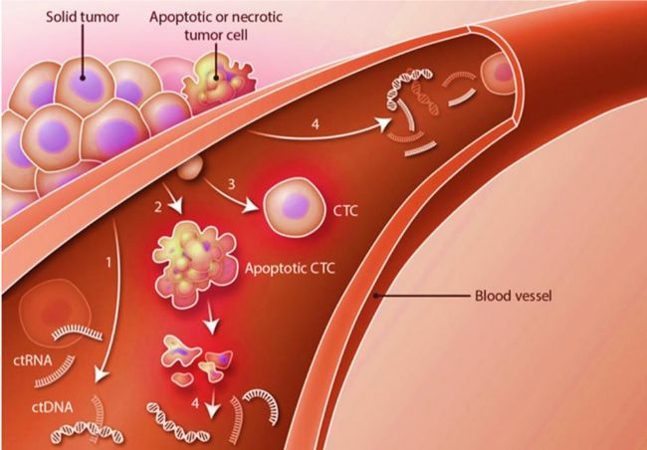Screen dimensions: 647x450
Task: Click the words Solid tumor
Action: [82, 17]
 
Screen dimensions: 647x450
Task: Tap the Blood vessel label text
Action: [513, 296]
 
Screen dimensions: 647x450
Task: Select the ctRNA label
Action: [33, 360]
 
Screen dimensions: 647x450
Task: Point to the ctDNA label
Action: [53, 407]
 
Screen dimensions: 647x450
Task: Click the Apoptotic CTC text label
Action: [290, 269]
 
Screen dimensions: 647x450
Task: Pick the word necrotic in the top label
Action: [256, 17]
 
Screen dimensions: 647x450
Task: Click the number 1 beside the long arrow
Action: [108, 262]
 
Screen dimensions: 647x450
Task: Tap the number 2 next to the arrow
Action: [158, 207]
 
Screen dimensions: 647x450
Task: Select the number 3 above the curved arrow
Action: [232, 184]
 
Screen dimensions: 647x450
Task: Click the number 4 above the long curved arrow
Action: [316, 124]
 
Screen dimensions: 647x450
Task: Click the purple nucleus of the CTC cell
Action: [296, 206]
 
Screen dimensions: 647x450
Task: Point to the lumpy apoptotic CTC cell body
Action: [195, 264]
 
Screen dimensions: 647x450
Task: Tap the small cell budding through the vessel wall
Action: [189, 167]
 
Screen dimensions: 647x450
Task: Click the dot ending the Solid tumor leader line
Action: [83, 78]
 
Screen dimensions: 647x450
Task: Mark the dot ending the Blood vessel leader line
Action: [375, 296]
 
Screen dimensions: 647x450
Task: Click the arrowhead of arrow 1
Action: [101, 374]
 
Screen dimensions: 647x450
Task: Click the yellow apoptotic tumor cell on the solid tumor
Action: [217, 83]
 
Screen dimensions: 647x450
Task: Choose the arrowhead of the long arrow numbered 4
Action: [384, 123]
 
